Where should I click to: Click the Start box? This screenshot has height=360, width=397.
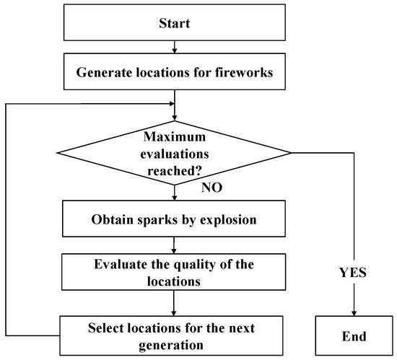pyautogui.click(x=174, y=24)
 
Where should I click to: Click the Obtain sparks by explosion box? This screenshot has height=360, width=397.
pyautogui.click(x=174, y=219)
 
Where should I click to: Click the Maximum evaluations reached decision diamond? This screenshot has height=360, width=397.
pyautogui.click(x=174, y=154)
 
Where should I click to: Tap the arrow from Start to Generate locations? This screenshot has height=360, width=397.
pyautogui.click(x=174, y=48)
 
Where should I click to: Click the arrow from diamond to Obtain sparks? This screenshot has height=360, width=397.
pyautogui.click(x=174, y=193)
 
